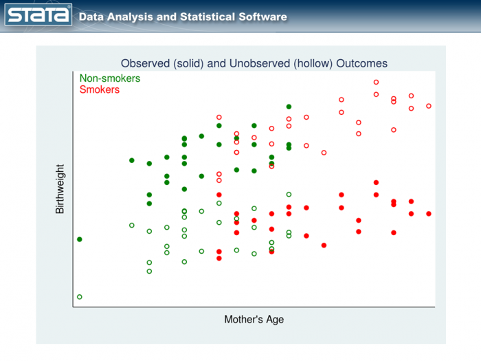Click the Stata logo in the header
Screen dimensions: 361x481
coord(39,16)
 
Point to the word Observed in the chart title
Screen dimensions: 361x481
coord(144,63)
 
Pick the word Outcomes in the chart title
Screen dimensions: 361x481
coord(362,63)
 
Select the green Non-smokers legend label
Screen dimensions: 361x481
coord(110,78)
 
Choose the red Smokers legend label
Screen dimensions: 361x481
coord(100,89)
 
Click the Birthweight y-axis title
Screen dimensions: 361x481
coord(60,188)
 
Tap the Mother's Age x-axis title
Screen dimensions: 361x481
coord(254,319)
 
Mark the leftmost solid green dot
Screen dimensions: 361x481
coord(80,239)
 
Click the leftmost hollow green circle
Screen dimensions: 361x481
coord(80,297)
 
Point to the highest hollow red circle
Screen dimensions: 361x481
coord(377,82)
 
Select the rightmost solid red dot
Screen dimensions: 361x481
coord(429,214)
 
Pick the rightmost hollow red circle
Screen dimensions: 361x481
coord(429,106)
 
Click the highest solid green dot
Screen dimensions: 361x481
coord(289,107)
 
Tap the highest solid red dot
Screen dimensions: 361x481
coord(377,182)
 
